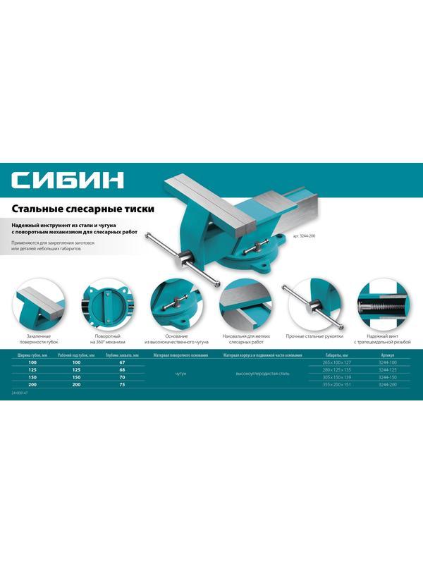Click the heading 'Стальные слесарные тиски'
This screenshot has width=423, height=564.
click(83, 209)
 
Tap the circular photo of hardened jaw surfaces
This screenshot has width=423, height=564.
click(39, 304)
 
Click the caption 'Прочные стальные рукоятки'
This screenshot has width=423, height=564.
click(314, 338)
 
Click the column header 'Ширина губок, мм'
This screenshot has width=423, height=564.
click(32, 355)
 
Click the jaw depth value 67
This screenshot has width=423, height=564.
click(123, 362)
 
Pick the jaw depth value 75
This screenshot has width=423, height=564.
click(123, 385)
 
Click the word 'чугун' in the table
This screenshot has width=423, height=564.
click(180, 374)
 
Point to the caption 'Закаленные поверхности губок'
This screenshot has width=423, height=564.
click(39, 341)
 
